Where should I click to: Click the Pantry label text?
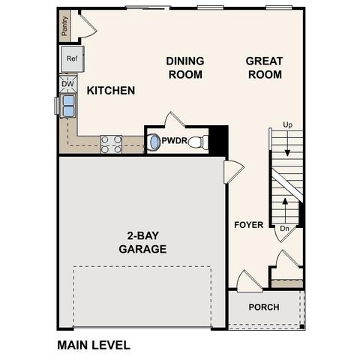click(65, 28)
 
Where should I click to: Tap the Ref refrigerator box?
click(73, 58)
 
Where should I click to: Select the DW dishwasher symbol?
click(66, 84)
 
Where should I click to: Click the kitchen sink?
click(67, 106)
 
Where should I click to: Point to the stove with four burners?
click(111, 143)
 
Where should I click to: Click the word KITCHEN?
click(111, 91)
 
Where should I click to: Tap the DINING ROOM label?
click(185, 67)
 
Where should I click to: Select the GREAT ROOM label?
click(264, 67)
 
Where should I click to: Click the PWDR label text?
click(173, 140)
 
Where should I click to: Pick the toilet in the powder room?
click(197, 141)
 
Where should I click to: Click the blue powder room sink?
click(154, 141)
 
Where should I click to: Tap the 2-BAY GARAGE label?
click(142, 242)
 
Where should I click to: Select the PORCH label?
click(263, 307)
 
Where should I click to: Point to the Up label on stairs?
click(287, 124)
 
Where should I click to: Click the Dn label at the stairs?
click(284, 228)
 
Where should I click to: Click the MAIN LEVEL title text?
click(94, 346)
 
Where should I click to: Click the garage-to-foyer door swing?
click(232, 172)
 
